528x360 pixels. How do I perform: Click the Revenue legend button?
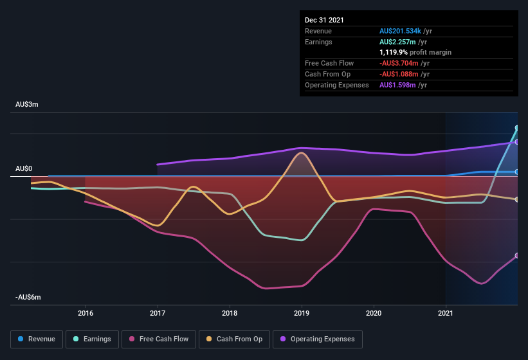[37, 339]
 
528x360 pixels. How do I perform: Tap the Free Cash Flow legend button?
[159, 339]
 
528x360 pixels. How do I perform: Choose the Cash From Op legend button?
[234, 339]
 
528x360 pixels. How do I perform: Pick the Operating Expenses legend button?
[317, 339]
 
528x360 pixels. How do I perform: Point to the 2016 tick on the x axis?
[86, 313]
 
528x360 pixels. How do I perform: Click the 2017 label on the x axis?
[158, 313]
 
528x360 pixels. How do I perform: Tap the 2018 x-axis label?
[230, 313]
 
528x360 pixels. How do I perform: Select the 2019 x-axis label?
[302, 313]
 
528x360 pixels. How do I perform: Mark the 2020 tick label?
[374, 313]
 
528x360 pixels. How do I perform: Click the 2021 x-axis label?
[446, 313]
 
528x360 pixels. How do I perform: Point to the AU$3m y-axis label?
[27, 104]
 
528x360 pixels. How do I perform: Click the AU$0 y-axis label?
[24, 168]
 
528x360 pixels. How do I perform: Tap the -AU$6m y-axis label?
[28, 297]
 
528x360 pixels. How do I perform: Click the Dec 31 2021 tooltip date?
[324, 20]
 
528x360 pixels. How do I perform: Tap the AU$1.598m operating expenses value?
[398, 85]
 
